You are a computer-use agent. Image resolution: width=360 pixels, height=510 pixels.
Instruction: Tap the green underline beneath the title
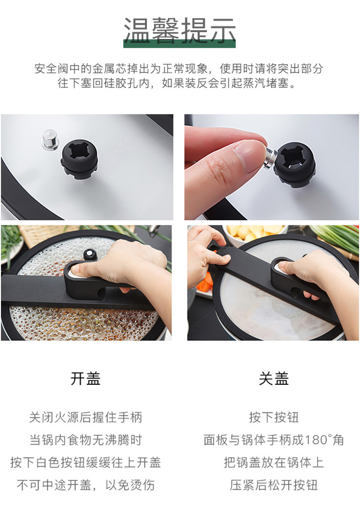[x=180, y=44]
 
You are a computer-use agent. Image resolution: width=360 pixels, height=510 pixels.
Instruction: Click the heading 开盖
[x=86, y=378]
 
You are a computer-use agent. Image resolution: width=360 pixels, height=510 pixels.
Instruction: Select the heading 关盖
[x=274, y=378]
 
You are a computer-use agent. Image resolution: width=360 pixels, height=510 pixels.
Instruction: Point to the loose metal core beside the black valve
[x=50, y=139]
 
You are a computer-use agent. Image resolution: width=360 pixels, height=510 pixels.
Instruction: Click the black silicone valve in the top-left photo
[x=79, y=159]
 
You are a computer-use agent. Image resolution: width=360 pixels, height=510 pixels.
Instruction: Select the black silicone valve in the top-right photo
[x=294, y=165]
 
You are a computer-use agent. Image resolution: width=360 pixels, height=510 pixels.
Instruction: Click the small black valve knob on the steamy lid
[x=90, y=254]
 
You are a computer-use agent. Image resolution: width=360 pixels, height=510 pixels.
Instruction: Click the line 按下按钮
[x=274, y=417]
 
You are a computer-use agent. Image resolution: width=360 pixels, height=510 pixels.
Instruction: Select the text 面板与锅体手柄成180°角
[x=274, y=440]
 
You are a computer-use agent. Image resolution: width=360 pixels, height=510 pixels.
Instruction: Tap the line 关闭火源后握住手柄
[x=86, y=417]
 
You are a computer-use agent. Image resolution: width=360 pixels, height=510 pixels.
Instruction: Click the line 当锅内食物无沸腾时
[x=86, y=440]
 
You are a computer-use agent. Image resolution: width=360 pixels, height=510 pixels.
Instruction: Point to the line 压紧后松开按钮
[x=274, y=485]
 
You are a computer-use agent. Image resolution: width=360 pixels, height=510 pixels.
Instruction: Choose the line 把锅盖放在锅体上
[x=274, y=462]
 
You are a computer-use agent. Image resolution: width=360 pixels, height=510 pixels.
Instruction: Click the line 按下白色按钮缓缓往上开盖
[x=86, y=462]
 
